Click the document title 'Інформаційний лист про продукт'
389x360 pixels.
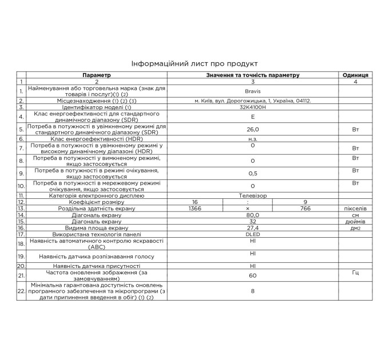194,63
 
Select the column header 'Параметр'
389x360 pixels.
97,75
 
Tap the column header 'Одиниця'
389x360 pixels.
355,75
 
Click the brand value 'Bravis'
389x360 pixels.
252,91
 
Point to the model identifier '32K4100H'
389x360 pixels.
252,107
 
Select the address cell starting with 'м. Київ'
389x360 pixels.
252,100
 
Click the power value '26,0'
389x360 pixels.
252,130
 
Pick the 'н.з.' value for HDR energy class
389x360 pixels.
252,138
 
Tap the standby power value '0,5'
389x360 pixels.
252,172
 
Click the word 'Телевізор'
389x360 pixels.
252,195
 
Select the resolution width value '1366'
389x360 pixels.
195,209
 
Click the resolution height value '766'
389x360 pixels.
305,209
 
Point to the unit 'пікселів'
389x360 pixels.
355,209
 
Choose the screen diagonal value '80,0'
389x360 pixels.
252,215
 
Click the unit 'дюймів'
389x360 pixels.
355,221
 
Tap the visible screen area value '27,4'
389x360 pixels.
252,227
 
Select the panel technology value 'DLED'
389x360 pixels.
252,234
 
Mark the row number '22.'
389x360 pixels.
21,291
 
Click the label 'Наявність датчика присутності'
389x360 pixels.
97,266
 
